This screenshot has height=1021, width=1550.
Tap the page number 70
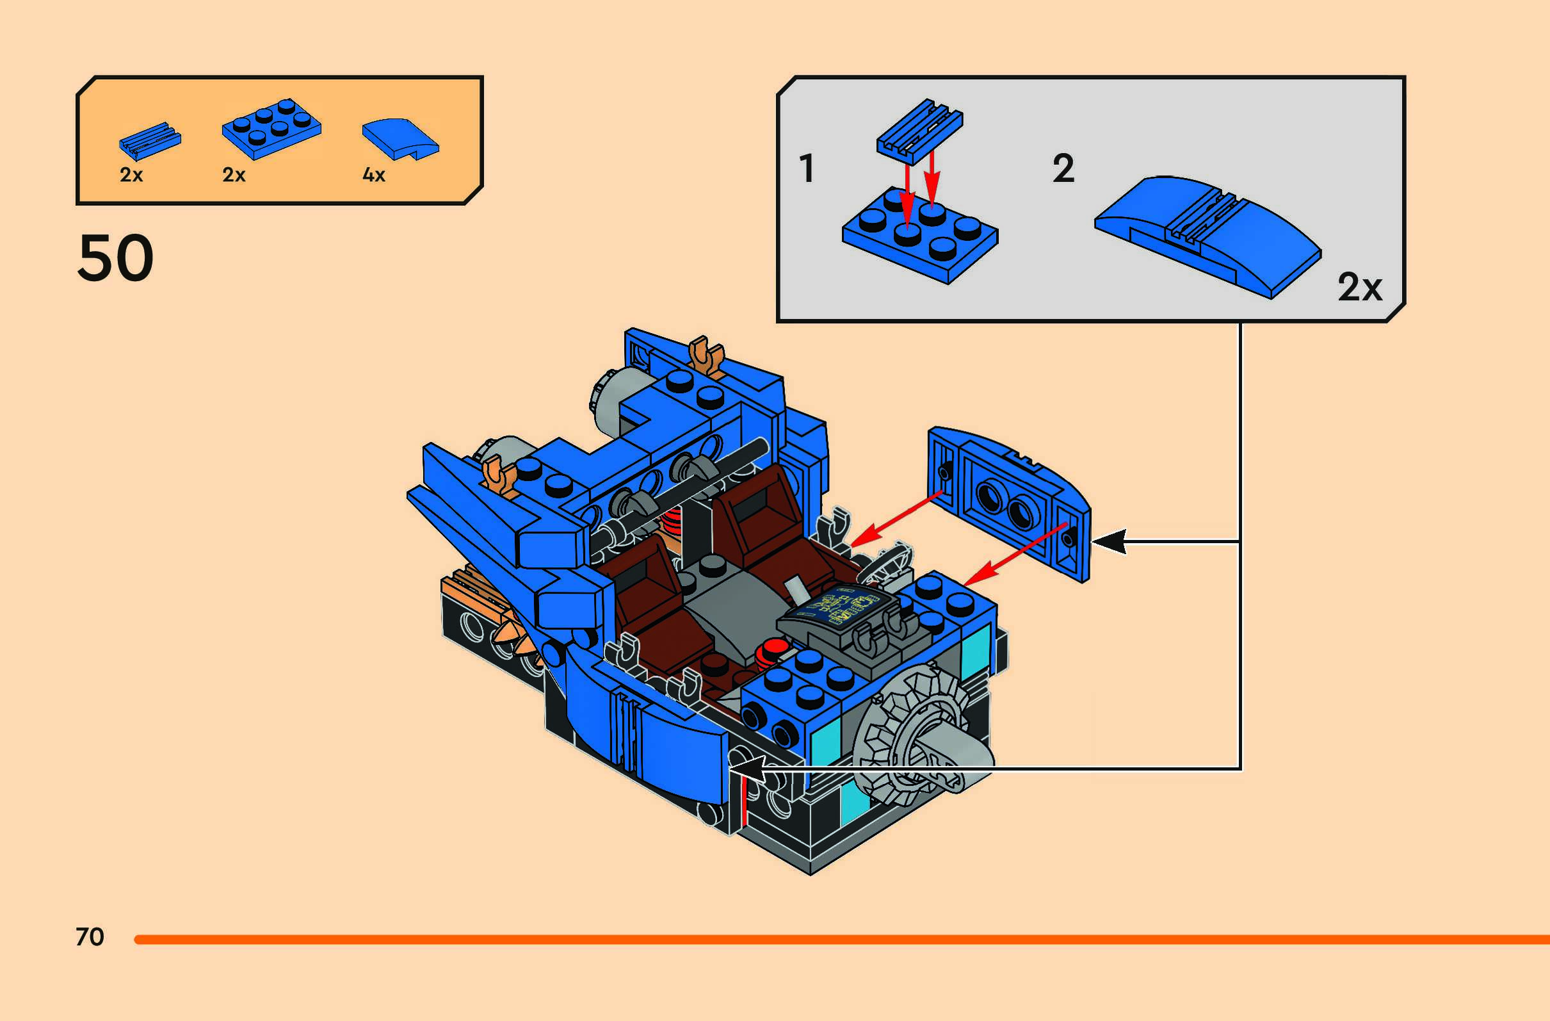90,937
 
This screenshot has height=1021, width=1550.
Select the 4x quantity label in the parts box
374,175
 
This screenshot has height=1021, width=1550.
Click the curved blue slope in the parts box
400,138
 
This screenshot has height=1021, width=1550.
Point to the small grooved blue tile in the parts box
150,140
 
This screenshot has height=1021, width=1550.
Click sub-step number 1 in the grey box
807,168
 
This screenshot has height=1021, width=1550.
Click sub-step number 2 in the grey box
1063,168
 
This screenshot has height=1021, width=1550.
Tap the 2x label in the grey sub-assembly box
1359,287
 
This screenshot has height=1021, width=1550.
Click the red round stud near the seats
774,648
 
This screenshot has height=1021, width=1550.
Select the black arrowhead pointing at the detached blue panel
1110,542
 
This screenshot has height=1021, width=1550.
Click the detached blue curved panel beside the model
1010,502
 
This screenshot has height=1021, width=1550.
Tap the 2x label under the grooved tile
131,175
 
